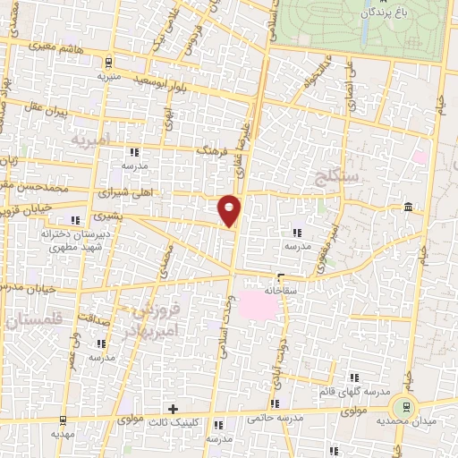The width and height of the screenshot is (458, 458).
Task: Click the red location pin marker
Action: point(230,209)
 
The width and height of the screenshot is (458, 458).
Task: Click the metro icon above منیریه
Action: point(108,62)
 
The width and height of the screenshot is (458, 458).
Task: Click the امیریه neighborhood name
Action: point(91,140)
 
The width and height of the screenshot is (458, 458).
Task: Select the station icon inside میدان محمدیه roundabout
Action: point(408,405)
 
